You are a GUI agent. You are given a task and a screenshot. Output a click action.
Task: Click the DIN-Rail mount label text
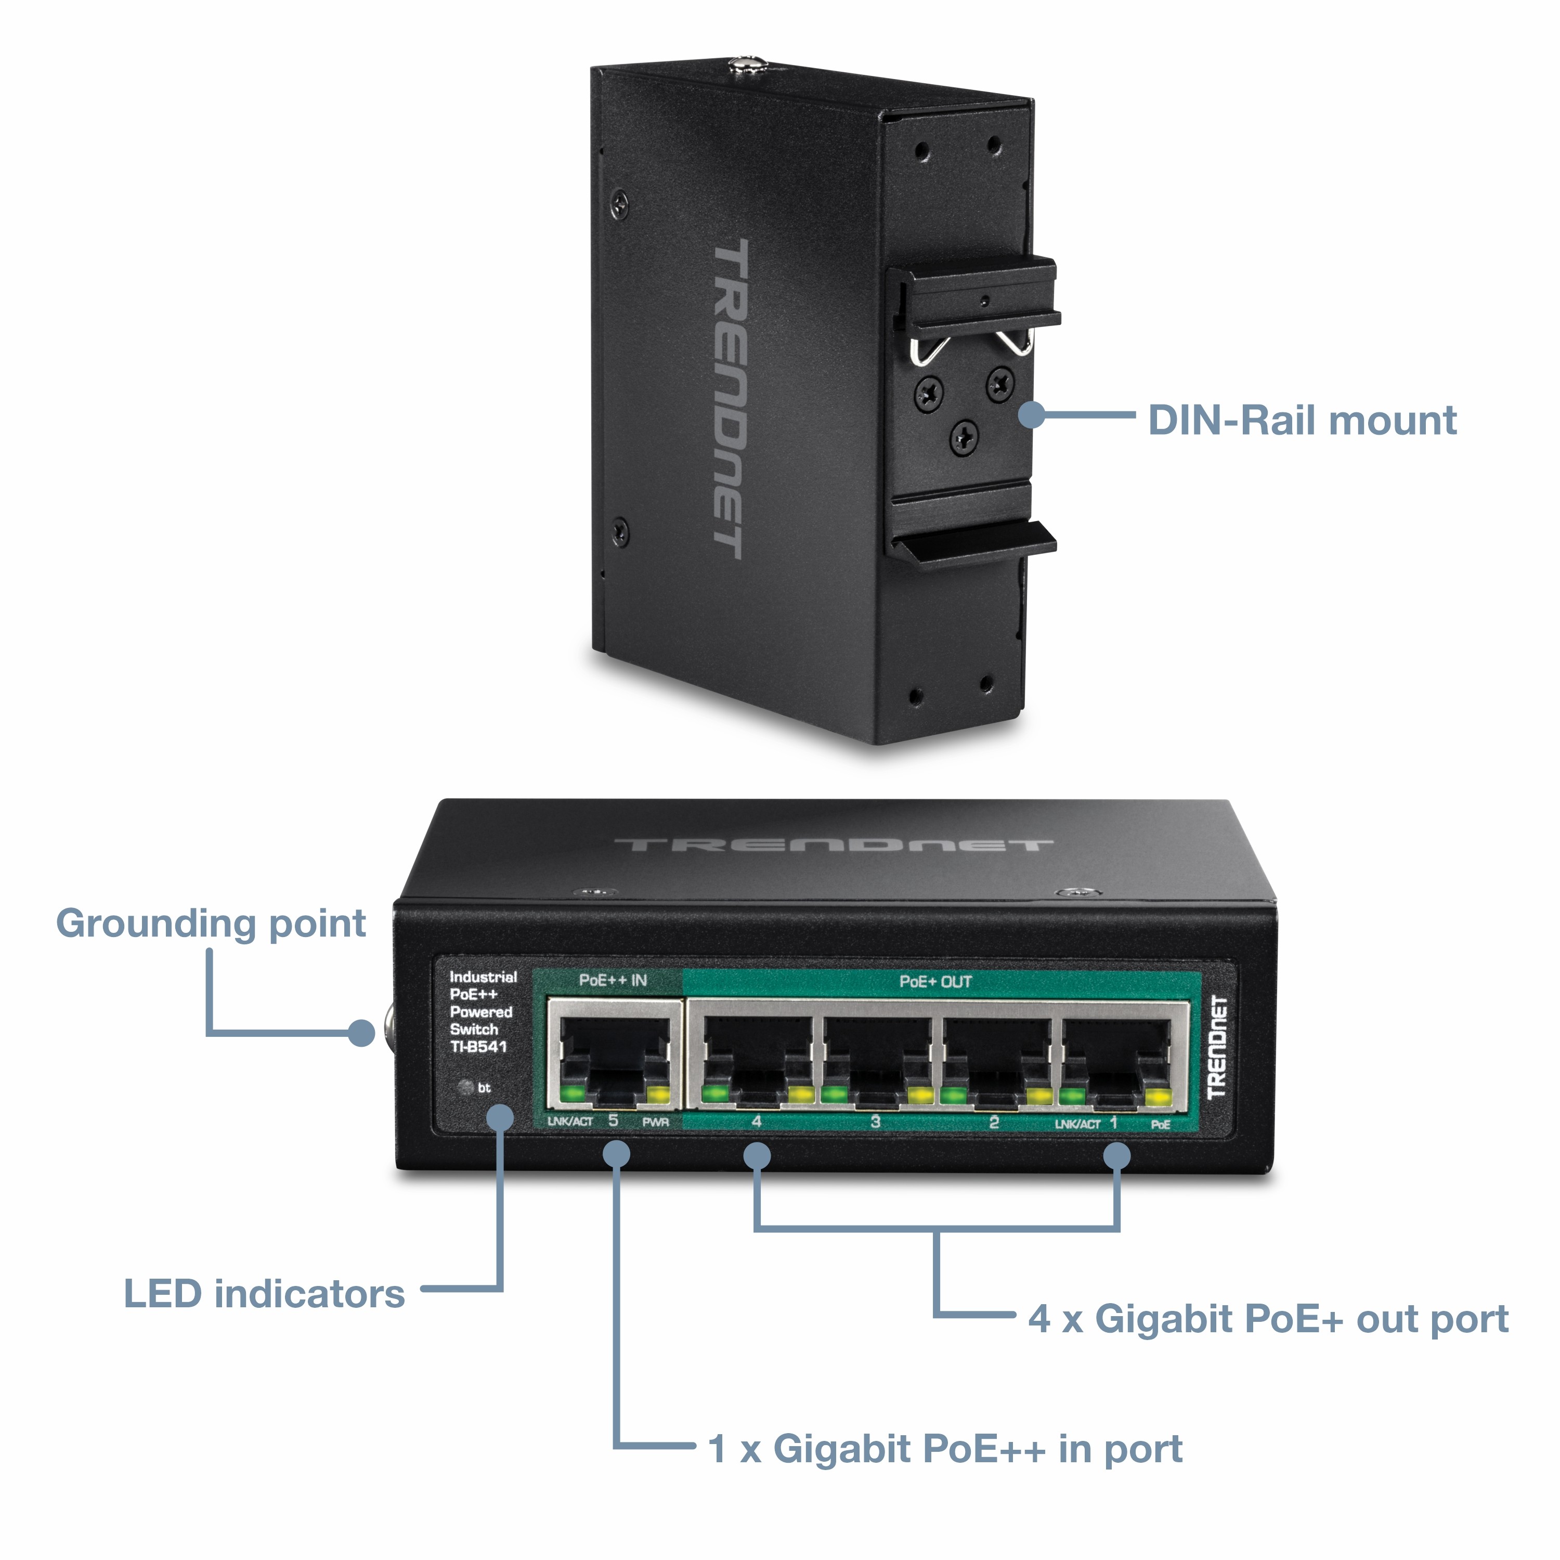tap(1302, 421)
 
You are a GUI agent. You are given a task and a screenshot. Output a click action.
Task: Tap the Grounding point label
tap(211, 923)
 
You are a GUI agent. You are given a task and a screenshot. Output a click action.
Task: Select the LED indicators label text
tap(263, 1294)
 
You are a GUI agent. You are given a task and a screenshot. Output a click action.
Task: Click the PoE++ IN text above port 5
tap(613, 980)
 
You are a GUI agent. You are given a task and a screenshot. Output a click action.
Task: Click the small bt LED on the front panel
tap(465, 1087)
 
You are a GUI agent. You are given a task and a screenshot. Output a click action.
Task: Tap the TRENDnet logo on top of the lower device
tap(833, 846)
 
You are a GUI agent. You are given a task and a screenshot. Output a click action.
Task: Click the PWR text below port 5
tap(655, 1122)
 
